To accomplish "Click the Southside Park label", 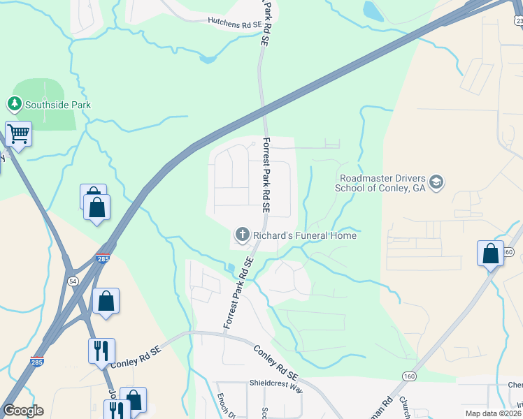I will (x=58, y=105).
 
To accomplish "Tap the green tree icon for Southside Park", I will (x=14, y=105).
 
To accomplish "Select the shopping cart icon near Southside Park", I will (x=19, y=133).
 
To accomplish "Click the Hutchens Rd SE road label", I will (x=235, y=24).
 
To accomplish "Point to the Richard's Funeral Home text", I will (x=305, y=235).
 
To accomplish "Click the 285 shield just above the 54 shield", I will (x=103, y=259).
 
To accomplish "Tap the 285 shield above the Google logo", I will (x=37, y=362).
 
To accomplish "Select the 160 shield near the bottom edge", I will (x=408, y=376).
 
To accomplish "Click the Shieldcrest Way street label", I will (x=276, y=384).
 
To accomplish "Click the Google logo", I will (x=23, y=411).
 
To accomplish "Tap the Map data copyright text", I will (x=493, y=413).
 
